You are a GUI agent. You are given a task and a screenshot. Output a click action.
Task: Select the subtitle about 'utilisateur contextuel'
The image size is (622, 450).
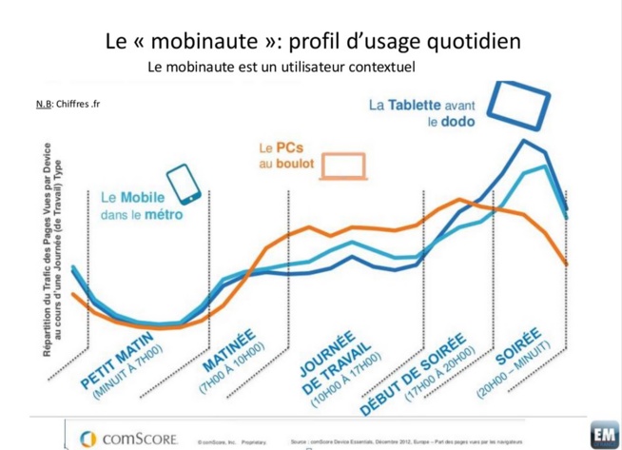point(282,68)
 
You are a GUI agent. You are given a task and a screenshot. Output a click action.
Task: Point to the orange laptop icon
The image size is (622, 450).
point(344,163)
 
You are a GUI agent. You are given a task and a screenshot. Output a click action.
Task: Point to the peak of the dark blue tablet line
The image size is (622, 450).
point(524,142)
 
